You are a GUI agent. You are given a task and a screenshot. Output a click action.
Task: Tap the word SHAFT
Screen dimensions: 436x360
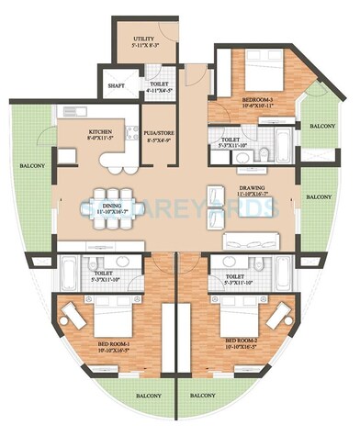pos(117,86)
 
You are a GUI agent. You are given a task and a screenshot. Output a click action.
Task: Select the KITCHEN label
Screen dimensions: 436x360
pos(100,132)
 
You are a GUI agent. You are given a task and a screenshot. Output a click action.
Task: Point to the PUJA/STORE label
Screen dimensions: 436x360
pos(160,134)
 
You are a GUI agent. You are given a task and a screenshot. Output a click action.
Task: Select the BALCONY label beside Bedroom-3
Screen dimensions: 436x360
pos(321,127)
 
